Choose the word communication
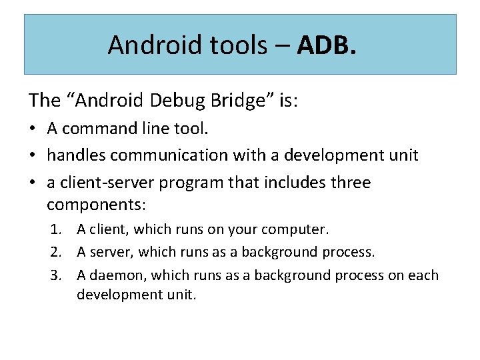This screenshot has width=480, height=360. (x=169, y=155)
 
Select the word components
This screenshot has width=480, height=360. (x=97, y=203)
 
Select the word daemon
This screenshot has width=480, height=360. (x=109, y=275)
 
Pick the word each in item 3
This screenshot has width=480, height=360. (x=424, y=275)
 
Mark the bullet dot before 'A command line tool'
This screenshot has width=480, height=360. (x=33, y=130)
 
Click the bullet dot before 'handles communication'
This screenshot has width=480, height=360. (x=33, y=156)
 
